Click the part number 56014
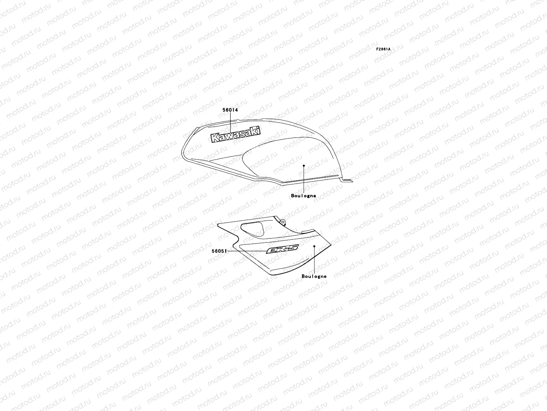(x=230, y=82)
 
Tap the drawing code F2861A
(x=383, y=49)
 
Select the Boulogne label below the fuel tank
(x=304, y=196)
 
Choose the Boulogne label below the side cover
(x=314, y=276)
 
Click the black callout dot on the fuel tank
(x=304, y=165)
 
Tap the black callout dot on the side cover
(x=314, y=246)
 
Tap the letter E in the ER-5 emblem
(x=272, y=251)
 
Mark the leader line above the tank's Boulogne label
(x=304, y=180)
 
